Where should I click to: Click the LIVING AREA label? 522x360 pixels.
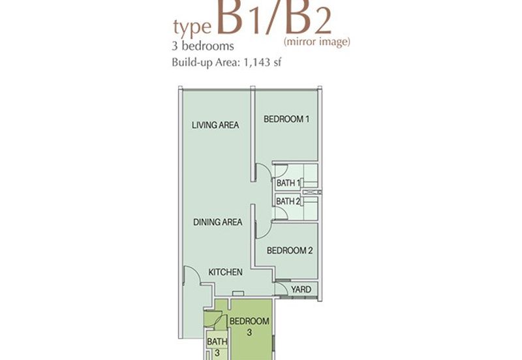pyautogui.click(x=215, y=125)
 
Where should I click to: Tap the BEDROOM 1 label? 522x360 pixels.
pyautogui.click(x=286, y=119)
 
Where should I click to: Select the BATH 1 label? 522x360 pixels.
pyautogui.click(x=288, y=183)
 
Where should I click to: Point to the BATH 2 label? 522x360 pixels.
pyautogui.click(x=288, y=202)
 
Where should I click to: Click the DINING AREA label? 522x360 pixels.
pyautogui.click(x=218, y=222)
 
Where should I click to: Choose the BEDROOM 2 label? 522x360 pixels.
pyautogui.click(x=290, y=250)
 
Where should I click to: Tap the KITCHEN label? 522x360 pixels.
pyautogui.click(x=225, y=272)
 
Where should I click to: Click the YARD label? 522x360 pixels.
pyautogui.click(x=301, y=290)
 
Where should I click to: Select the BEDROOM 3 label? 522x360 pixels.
pyautogui.click(x=249, y=326)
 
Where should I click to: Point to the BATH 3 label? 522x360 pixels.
pyautogui.click(x=217, y=347)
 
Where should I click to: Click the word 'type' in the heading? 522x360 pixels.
pyautogui.click(x=192, y=27)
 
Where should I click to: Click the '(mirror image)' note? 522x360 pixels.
pyautogui.click(x=317, y=42)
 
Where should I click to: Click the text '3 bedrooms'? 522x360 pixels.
pyautogui.click(x=203, y=46)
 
